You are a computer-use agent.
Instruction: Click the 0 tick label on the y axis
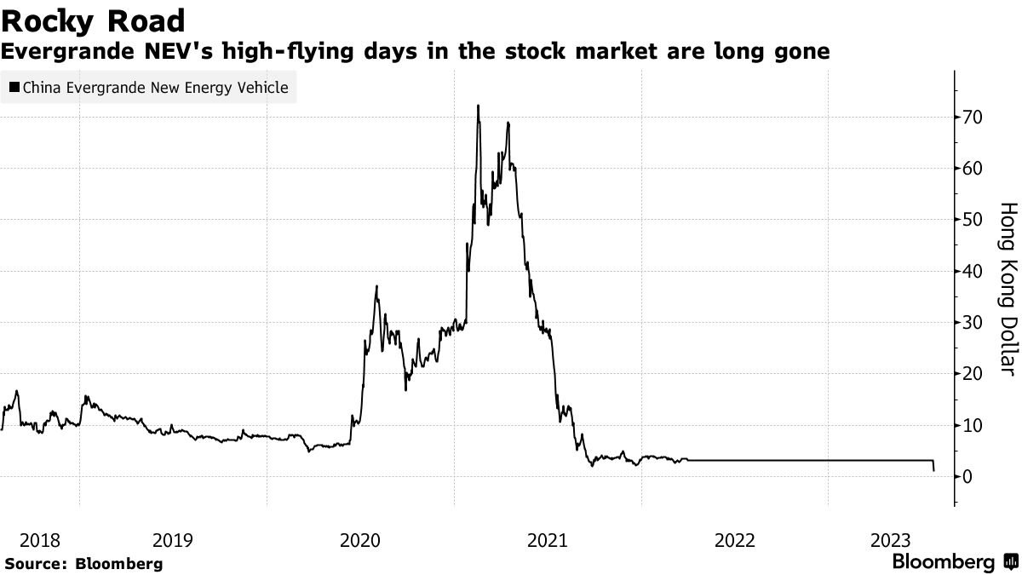point(968,476)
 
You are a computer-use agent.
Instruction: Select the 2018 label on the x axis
point(39,540)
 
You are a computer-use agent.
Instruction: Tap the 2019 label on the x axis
point(173,540)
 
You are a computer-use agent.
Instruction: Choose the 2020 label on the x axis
point(360,540)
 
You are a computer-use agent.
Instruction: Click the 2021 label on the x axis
point(547,540)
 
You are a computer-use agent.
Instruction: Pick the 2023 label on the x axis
point(891,540)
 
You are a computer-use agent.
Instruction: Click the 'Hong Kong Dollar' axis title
point(1008,289)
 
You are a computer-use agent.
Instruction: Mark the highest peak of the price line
point(478,106)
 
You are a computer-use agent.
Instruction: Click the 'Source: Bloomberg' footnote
point(83,563)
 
